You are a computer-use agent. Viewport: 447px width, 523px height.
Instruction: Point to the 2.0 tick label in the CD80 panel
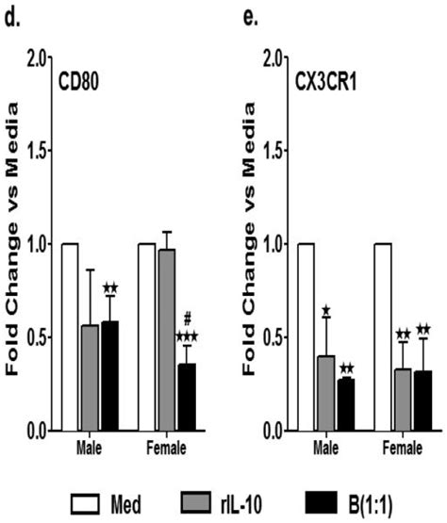point(36,57)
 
